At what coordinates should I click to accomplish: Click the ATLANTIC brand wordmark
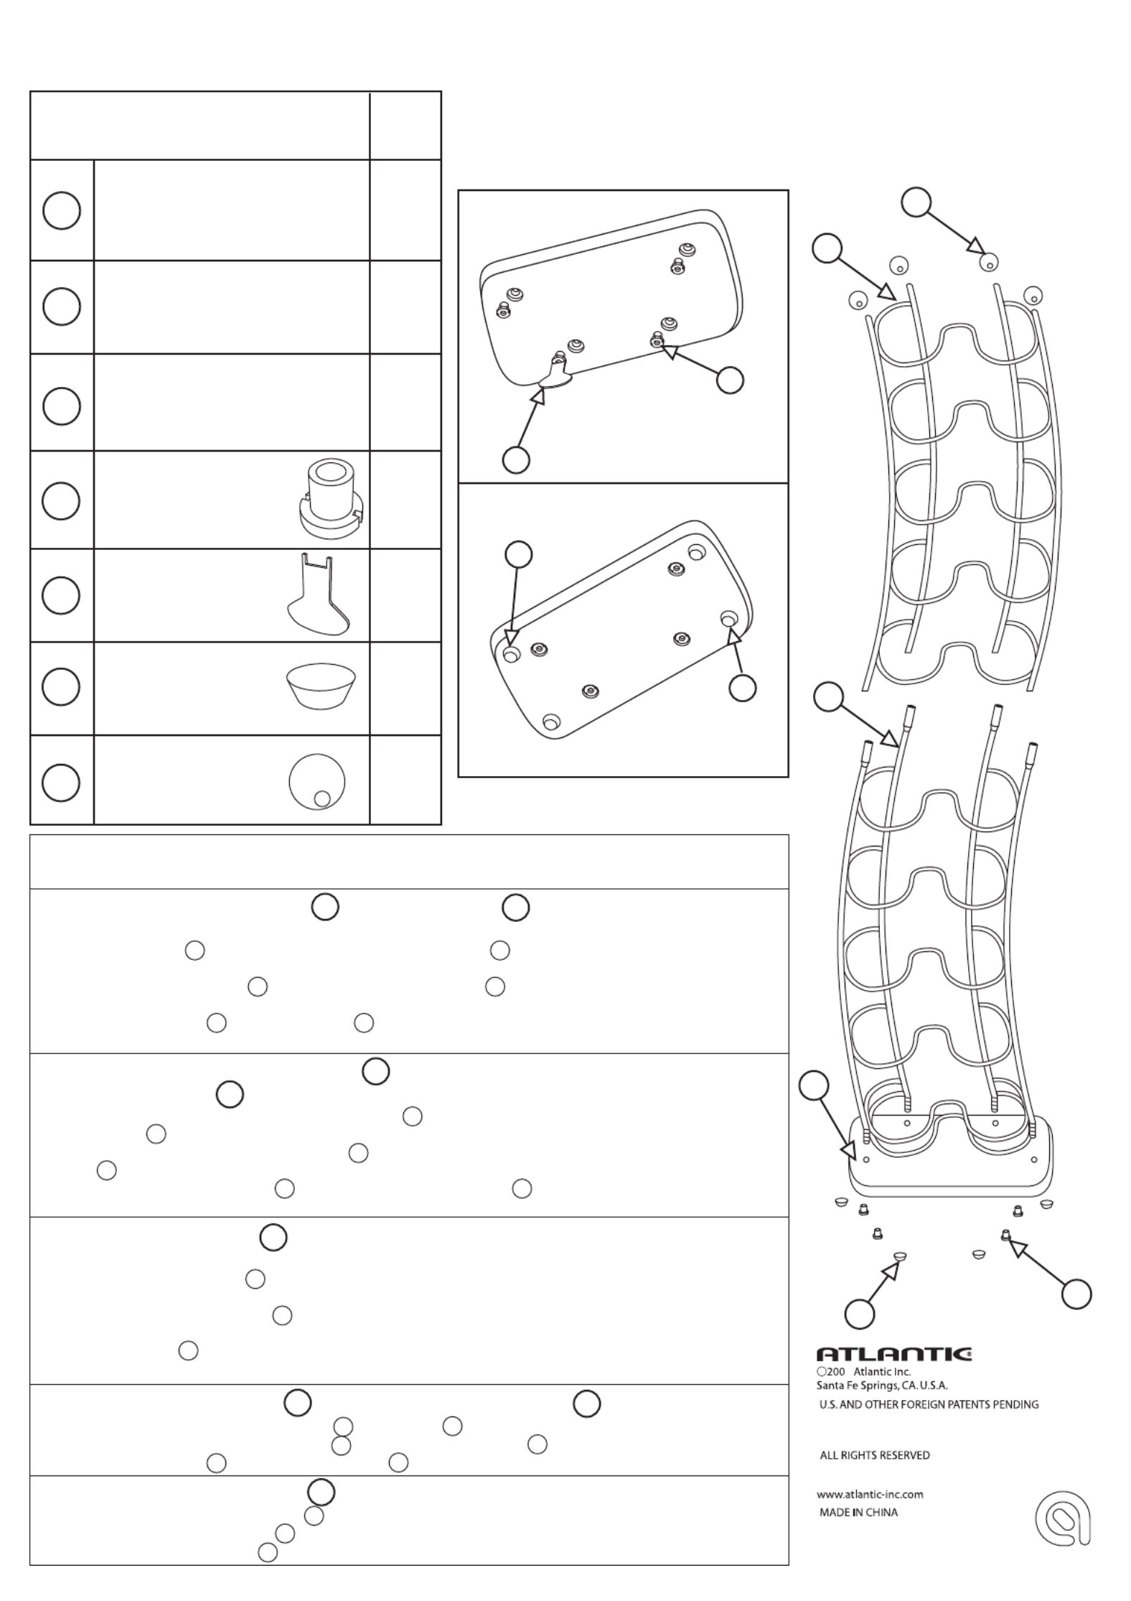tap(894, 1354)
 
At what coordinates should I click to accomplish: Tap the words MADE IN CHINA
tap(858, 1512)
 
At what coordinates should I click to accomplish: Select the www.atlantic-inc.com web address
tap(870, 1494)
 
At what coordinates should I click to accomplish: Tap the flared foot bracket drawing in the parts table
tap(316, 594)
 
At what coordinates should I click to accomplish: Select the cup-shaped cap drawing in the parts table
tap(321, 686)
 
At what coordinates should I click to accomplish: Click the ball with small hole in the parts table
tap(316, 781)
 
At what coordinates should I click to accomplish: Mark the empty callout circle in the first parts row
tap(62, 210)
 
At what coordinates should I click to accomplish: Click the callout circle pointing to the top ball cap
tap(916, 202)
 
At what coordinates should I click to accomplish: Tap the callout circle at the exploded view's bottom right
tap(1076, 1294)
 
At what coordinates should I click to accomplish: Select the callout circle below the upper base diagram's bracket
tap(516, 459)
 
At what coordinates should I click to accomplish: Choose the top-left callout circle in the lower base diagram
tap(519, 554)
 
